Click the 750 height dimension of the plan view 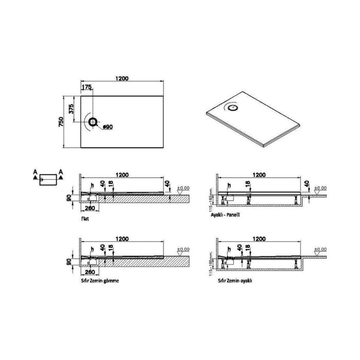tap(61, 122)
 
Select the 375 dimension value tap(72, 109)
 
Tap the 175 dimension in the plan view tap(86, 88)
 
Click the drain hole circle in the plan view tap(93, 122)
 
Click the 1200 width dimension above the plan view tap(122, 78)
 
